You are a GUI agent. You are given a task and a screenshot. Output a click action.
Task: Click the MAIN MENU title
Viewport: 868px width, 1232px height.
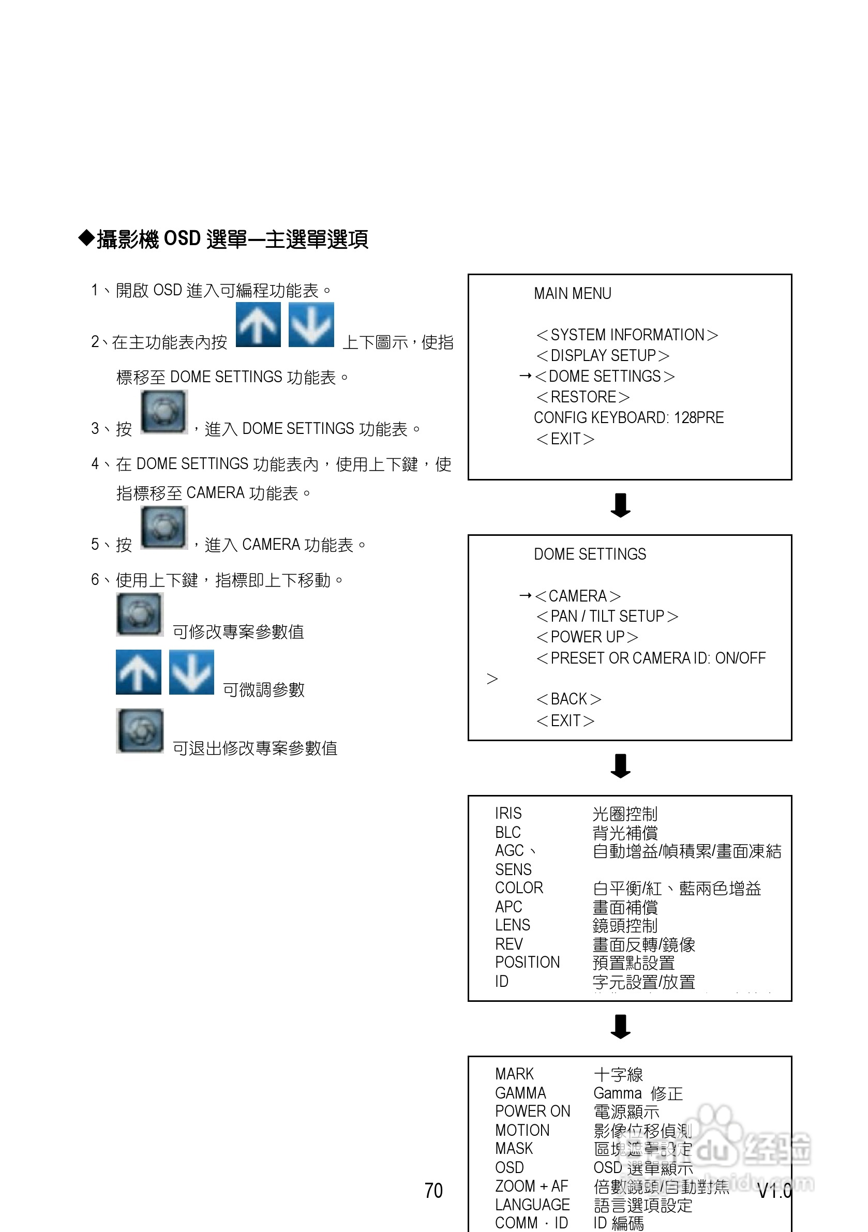[x=572, y=293]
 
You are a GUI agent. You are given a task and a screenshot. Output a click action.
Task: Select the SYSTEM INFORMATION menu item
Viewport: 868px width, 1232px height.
[x=626, y=335]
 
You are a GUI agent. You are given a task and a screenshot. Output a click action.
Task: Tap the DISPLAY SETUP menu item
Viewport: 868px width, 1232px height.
[x=602, y=356]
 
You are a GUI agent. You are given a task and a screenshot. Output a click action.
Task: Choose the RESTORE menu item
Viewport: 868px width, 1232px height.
[x=582, y=397]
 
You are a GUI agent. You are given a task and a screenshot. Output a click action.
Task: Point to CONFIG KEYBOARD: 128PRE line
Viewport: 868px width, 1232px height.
[x=628, y=417]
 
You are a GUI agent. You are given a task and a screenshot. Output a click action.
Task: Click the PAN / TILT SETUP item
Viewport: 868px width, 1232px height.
[x=607, y=616]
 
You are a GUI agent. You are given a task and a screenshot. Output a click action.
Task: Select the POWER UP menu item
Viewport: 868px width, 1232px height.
[x=587, y=637]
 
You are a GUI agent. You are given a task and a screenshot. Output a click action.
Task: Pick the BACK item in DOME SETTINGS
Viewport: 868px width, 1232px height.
[x=568, y=699]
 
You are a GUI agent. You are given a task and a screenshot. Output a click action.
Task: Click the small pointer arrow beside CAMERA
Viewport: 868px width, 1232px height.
[x=526, y=596]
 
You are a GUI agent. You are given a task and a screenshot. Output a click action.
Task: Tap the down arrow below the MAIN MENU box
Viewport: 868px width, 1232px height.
[x=621, y=505]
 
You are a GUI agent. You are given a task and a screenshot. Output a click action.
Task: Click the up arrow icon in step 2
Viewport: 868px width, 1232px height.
[x=258, y=325]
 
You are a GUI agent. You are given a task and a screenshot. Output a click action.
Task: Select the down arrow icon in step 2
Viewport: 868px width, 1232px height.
[x=311, y=325]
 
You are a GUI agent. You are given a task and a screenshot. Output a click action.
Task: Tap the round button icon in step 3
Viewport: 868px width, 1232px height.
[x=164, y=412]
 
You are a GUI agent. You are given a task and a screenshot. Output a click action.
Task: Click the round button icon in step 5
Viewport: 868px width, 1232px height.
[x=164, y=528]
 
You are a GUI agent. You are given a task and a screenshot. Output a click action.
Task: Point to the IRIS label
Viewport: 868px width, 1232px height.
[x=508, y=814]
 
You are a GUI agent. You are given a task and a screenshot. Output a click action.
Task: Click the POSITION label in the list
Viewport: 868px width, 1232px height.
[x=527, y=962]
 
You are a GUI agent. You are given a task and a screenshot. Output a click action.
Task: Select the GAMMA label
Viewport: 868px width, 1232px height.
[x=520, y=1093]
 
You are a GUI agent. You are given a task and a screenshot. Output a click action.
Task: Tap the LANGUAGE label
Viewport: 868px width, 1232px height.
[x=532, y=1205]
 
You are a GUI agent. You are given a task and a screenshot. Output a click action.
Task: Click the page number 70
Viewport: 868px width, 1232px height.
[x=433, y=1191]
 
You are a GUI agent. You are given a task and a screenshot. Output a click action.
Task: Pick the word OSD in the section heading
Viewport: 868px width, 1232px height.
[x=182, y=239]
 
